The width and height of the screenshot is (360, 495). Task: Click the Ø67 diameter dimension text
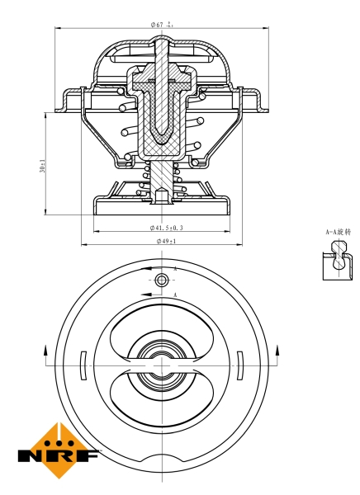(x=161, y=25)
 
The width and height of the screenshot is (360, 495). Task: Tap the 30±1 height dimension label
(x=43, y=165)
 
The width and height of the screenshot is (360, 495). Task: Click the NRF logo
(x=58, y=451)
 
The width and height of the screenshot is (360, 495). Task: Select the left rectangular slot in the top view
(x=83, y=364)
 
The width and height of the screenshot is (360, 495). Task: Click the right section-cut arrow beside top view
(x=280, y=353)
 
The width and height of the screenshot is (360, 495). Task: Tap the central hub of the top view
(x=162, y=364)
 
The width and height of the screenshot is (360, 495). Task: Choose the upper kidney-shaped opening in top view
(x=162, y=326)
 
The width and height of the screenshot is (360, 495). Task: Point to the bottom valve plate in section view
(x=162, y=206)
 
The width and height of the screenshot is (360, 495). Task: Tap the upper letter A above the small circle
(x=176, y=270)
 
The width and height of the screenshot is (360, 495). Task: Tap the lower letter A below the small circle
(x=176, y=294)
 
